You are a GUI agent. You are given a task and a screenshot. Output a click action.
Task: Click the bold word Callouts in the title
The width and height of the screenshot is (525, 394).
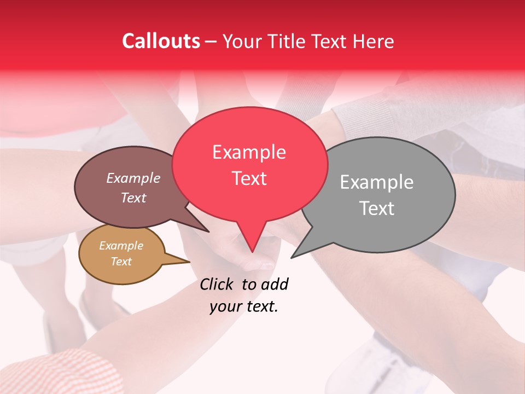161,41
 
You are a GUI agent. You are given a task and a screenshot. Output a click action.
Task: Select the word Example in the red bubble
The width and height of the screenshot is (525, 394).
249,152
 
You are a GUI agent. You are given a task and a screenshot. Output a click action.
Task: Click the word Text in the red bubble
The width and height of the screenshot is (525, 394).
249,178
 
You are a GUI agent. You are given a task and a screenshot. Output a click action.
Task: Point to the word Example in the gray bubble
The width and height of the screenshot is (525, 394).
376,182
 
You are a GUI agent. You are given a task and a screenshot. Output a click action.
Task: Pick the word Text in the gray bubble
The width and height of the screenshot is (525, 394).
376,208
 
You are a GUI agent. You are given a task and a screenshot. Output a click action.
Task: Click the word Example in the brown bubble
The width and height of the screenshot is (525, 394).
133,178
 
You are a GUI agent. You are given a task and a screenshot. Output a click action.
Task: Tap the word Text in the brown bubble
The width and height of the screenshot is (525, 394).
133,198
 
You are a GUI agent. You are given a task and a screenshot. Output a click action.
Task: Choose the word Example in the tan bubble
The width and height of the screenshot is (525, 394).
121,246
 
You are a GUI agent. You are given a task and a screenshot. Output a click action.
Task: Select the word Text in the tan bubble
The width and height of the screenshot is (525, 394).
121,262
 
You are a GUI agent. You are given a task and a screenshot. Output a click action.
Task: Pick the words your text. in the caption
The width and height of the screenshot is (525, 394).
244,307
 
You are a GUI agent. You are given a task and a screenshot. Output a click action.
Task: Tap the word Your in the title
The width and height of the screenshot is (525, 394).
240,42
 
